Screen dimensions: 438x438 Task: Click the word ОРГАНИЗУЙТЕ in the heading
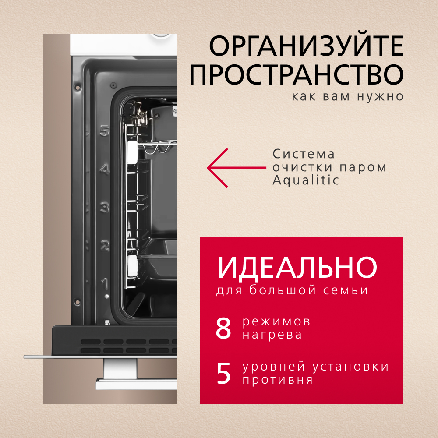click(306, 46)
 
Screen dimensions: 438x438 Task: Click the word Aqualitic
click(306, 180)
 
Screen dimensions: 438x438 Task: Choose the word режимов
click(276, 322)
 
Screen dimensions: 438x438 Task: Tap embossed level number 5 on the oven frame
click(104, 131)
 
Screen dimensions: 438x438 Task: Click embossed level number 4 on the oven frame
click(104, 169)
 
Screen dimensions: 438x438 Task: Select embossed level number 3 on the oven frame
click(104, 207)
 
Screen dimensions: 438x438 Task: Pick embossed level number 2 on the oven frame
click(104, 246)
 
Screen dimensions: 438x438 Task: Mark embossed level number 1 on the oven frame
click(105, 283)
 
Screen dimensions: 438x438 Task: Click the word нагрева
click(272, 335)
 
